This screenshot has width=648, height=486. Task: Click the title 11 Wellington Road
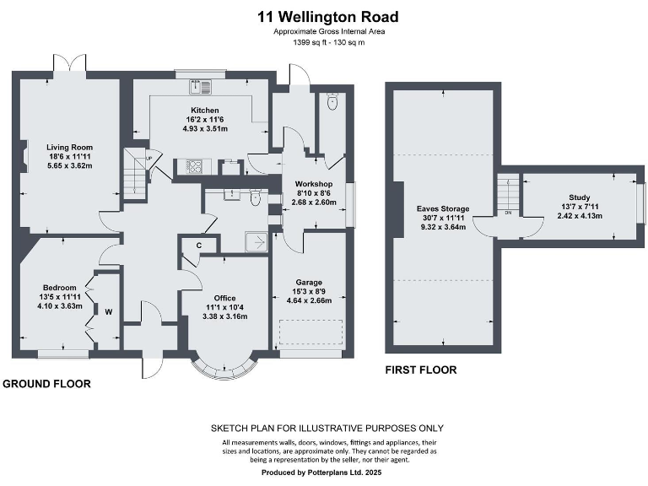[x=328, y=17]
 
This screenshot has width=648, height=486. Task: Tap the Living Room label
[x=69, y=147]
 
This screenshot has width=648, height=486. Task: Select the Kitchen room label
[x=205, y=111]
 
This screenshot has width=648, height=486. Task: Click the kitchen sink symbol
[x=201, y=86]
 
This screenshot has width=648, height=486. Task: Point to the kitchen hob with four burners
[x=194, y=166]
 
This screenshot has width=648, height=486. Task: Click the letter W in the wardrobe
[x=108, y=312]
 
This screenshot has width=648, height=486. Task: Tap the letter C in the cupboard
[x=199, y=246]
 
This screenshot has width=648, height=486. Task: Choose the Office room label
[x=224, y=298]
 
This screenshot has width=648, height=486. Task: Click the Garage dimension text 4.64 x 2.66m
[x=309, y=300]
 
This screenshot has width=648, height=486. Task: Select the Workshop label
[x=314, y=184]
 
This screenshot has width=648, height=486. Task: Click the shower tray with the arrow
[x=258, y=242]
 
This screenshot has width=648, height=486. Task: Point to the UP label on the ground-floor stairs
[x=148, y=159]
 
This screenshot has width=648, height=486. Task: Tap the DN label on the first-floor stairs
[x=508, y=213]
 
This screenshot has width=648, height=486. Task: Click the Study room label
[x=580, y=197]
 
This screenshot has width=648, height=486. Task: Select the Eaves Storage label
[x=443, y=208]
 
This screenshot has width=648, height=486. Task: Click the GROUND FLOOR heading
[x=46, y=384]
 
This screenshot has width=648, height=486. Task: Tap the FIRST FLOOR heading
[x=421, y=370]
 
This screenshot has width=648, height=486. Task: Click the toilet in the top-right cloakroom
[x=332, y=101]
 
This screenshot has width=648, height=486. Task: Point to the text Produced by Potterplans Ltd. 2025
[x=321, y=472]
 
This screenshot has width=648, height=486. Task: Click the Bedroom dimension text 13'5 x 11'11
[x=60, y=297]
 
